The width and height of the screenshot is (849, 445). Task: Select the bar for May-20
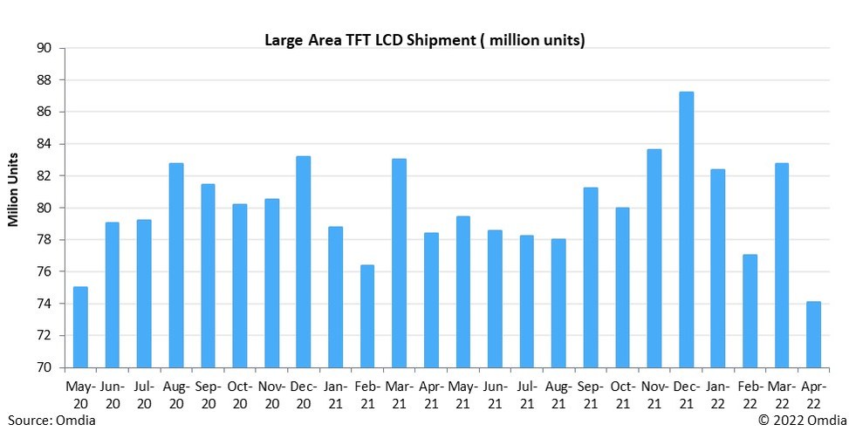click(80, 327)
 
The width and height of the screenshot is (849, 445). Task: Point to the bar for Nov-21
click(654, 258)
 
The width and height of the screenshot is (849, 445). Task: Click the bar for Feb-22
click(750, 311)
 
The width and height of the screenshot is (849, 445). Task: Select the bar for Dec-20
click(304, 262)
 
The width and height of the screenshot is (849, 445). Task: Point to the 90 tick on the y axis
click(44, 48)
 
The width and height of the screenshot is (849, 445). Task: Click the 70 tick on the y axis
click(44, 367)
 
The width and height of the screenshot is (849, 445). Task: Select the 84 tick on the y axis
click(44, 144)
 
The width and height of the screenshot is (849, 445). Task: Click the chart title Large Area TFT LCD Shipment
click(424, 40)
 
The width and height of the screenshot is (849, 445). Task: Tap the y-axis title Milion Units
click(14, 189)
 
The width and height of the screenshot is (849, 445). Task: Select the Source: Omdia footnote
click(51, 421)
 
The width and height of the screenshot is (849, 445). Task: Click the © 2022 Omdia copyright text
click(802, 421)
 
